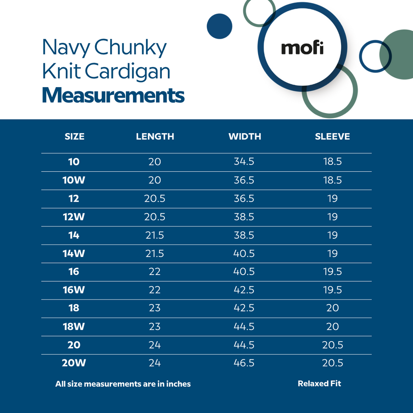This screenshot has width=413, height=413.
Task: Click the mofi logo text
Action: pyautogui.click(x=302, y=48)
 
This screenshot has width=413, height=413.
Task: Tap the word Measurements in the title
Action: pyautogui.click(x=113, y=96)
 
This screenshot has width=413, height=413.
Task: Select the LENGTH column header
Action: pyautogui.click(x=155, y=136)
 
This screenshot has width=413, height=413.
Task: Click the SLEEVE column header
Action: pyautogui.click(x=332, y=136)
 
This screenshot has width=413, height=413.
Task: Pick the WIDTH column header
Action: pyautogui.click(x=244, y=136)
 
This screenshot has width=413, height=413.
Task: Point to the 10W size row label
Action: pyautogui.click(x=74, y=180)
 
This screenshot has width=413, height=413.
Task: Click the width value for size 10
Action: pyautogui.click(x=244, y=162)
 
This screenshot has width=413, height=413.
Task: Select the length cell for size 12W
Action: pyautogui.click(x=155, y=217)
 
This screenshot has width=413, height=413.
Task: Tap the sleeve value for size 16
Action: pyautogui.click(x=332, y=271)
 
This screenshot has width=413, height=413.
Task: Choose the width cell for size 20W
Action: pyautogui.click(x=244, y=363)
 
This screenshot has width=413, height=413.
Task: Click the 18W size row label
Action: pyautogui.click(x=74, y=326)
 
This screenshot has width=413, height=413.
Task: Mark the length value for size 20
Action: pyautogui.click(x=155, y=345)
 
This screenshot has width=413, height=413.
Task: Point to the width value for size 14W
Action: pyautogui.click(x=244, y=253)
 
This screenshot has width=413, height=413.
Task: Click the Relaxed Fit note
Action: pyautogui.click(x=319, y=384)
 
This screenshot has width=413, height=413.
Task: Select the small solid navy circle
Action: pyautogui.click(x=219, y=26)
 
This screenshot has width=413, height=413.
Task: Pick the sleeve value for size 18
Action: pyautogui.click(x=332, y=308)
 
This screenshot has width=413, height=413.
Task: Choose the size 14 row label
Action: pyautogui.click(x=74, y=235)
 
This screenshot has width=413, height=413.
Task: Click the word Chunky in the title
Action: pyautogui.click(x=130, y=48)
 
